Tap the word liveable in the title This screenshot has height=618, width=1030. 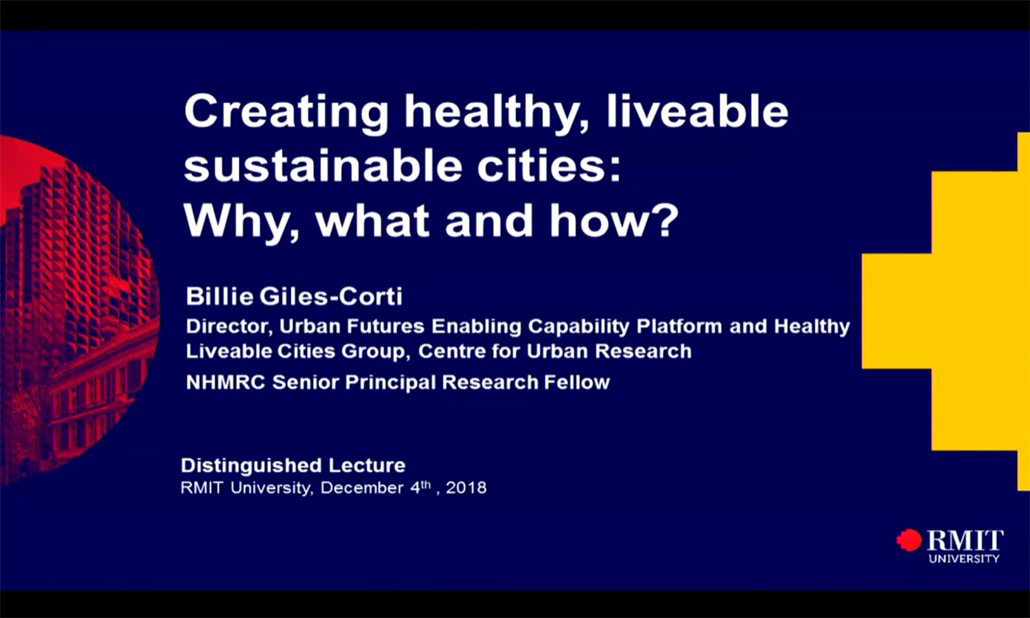click(x=697, y=113)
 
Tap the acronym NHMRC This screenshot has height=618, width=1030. click(x=226, y=382)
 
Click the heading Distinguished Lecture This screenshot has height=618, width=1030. click(x=293, y=465)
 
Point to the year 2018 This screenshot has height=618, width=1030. click(x=466, y=488)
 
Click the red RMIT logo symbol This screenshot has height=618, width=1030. click(x=909, y=539)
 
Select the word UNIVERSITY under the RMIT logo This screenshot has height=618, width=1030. click(x=963, y=558)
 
